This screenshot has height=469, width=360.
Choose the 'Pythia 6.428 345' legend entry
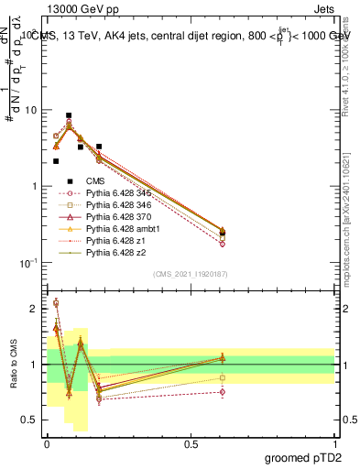coord(115,193)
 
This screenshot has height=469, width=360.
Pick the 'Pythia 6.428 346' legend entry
coord(115,205)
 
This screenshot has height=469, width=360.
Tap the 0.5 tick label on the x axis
coord(191,442)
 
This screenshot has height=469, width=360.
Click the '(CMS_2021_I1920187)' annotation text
coord(190,274)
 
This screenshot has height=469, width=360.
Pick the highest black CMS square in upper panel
coord(69,115)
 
